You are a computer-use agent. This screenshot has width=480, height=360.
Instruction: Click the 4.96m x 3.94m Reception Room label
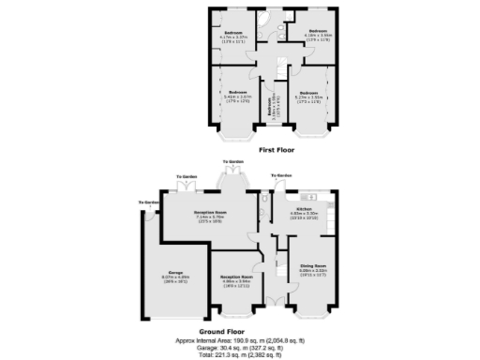(x=235, y=278)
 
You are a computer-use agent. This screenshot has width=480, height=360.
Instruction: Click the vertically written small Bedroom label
(x=271, y=109)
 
